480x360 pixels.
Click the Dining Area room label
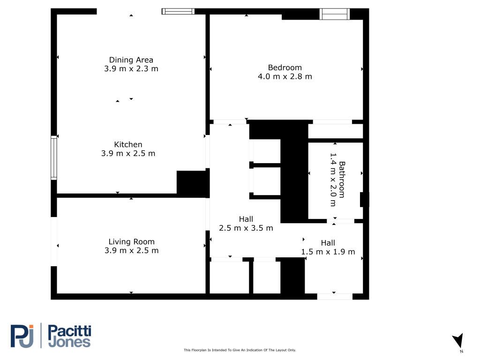(x=131, y=60)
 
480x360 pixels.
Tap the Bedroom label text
(x=285, y=67)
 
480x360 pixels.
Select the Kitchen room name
(x=128, y=144)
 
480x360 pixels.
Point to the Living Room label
(x=131, y=242)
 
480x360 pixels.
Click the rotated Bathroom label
(x=342, y=180)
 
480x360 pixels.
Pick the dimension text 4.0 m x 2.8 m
(x=285, y=76)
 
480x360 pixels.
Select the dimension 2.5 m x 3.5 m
(x=246, y=228)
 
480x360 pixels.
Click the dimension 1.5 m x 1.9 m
(x=328, y=252)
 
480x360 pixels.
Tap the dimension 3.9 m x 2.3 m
(x=131, y=68)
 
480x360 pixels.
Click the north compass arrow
(x=458, y=341)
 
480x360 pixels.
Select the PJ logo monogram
(x=22, y=336)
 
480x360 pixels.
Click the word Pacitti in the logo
(x=69, y=331)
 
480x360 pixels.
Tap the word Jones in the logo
(x=69, y=342)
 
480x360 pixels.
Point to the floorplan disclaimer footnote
(x=240, y=350)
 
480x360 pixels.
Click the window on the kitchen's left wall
(x=54, y=157)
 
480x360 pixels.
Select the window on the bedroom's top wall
(x=335, y=14)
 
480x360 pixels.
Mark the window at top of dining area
(x=178, y=11)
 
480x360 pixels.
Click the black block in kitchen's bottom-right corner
(x=193, y=184)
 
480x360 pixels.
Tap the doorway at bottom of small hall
(x=335, y=296)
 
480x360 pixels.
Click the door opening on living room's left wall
(x=54, y=241)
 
